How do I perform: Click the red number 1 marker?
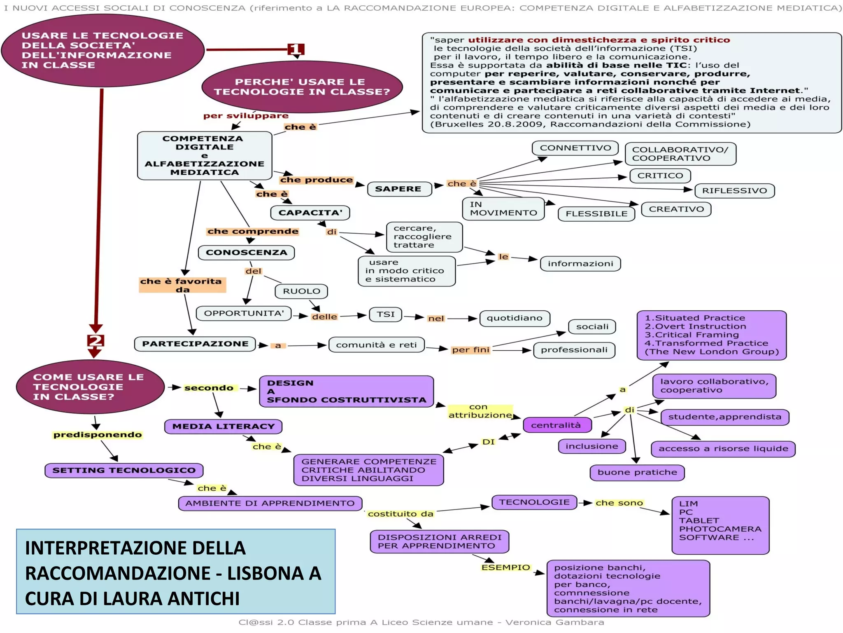[296, 49]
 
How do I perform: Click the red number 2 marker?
[95, 340]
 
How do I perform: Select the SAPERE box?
[399, 189]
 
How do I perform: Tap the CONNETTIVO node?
[575, 148]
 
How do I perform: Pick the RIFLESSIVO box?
[734, 190]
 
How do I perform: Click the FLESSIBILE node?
[596, 213]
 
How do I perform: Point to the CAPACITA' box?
[310, 213]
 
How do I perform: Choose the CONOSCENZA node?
[246, 252]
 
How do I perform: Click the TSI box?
[385, 314]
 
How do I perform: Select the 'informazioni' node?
[580, 263]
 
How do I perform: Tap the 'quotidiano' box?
[514, 318]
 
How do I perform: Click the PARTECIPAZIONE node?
[195, 344]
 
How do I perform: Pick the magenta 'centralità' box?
[557, 425]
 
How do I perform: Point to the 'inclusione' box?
[591, 446]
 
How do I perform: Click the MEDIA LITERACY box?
[223, 426]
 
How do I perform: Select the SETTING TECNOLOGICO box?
[124, 470]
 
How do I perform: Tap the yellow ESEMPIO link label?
[505, 567]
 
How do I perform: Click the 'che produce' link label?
[316, 180]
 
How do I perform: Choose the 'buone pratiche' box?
[637, 472]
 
